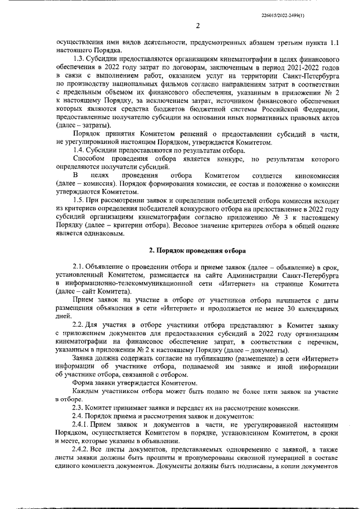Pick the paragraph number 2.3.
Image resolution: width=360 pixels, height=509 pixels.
(x=79, y=408)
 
